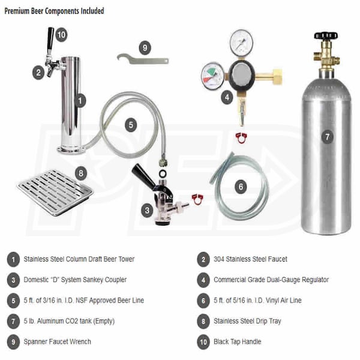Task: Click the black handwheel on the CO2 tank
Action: click(x=326, y=35)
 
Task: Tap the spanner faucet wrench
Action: click(x=143, y=60)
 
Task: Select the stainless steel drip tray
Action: click(x=55, y=193)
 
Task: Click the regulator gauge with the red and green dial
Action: click(x=213, y=76)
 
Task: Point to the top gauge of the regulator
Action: click(x=242, y=42)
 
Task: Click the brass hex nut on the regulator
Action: click(x=277, y=75)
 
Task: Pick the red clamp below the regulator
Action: click(x=241, y=138)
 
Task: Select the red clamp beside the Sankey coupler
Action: click(x=197, y=199)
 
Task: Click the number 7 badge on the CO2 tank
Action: click(x=327, y=137)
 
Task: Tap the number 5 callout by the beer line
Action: click(x=131, y=125)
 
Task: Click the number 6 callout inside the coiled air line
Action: click(x=241, y=187)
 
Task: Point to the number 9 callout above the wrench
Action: click(x=145, y=48)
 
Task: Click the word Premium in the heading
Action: click(x=17, y=11)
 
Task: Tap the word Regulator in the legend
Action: click(x=315, y=280)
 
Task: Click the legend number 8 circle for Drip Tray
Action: click(x=203, y=321)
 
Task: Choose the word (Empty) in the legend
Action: click(x=104, y=321)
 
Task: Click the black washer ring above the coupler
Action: click(x=163, y=173)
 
